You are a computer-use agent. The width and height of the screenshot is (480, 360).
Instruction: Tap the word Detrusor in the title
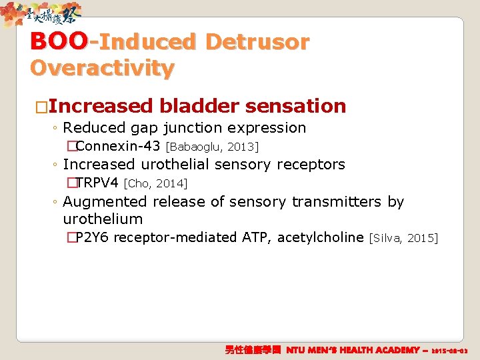(x=257, y=42)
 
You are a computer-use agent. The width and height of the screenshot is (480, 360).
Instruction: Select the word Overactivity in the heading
(x=102, y=68)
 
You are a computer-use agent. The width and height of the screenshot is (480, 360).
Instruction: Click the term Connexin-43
(x=118, y=146)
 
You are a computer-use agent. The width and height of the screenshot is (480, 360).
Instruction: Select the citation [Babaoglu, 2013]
(x=212, y=147)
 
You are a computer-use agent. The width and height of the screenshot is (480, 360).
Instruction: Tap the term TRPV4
(x=97, y=183)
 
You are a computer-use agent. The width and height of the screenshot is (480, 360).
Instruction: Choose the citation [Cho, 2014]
(x=156, y=183)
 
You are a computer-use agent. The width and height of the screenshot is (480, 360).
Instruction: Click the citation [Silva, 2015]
(x=403, y=238)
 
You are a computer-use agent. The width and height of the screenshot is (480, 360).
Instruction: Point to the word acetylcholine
(x=321, y=237)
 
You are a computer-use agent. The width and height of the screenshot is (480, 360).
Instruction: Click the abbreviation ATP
(x=256, y=237)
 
